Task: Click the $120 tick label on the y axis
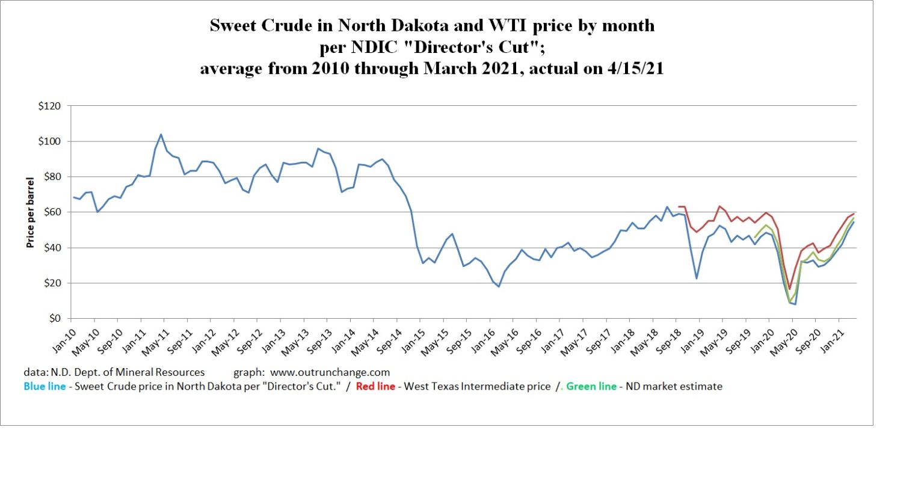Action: pos(49,106)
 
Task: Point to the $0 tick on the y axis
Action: pos(55,319)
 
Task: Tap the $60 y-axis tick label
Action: pos(52,212)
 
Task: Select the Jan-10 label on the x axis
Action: pos(64,340)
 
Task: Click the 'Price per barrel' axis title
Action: pos(30,212)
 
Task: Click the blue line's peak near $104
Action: pos(161,135)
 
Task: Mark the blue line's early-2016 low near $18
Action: pos(499,286)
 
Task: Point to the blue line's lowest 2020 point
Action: pos(795,304)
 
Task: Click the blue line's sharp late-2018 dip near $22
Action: pos(697,278)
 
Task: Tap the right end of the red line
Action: pos(854,214)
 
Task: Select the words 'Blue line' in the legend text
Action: pos(45,387)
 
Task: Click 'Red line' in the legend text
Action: pos(375,387)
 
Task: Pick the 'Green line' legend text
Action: pos(591,387)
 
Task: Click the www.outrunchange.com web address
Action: pos(330,373)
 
